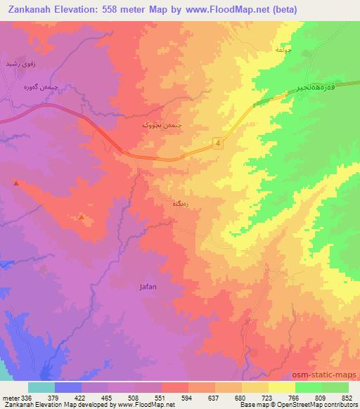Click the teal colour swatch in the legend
point(41,387)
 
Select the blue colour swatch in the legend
point(68,387)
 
